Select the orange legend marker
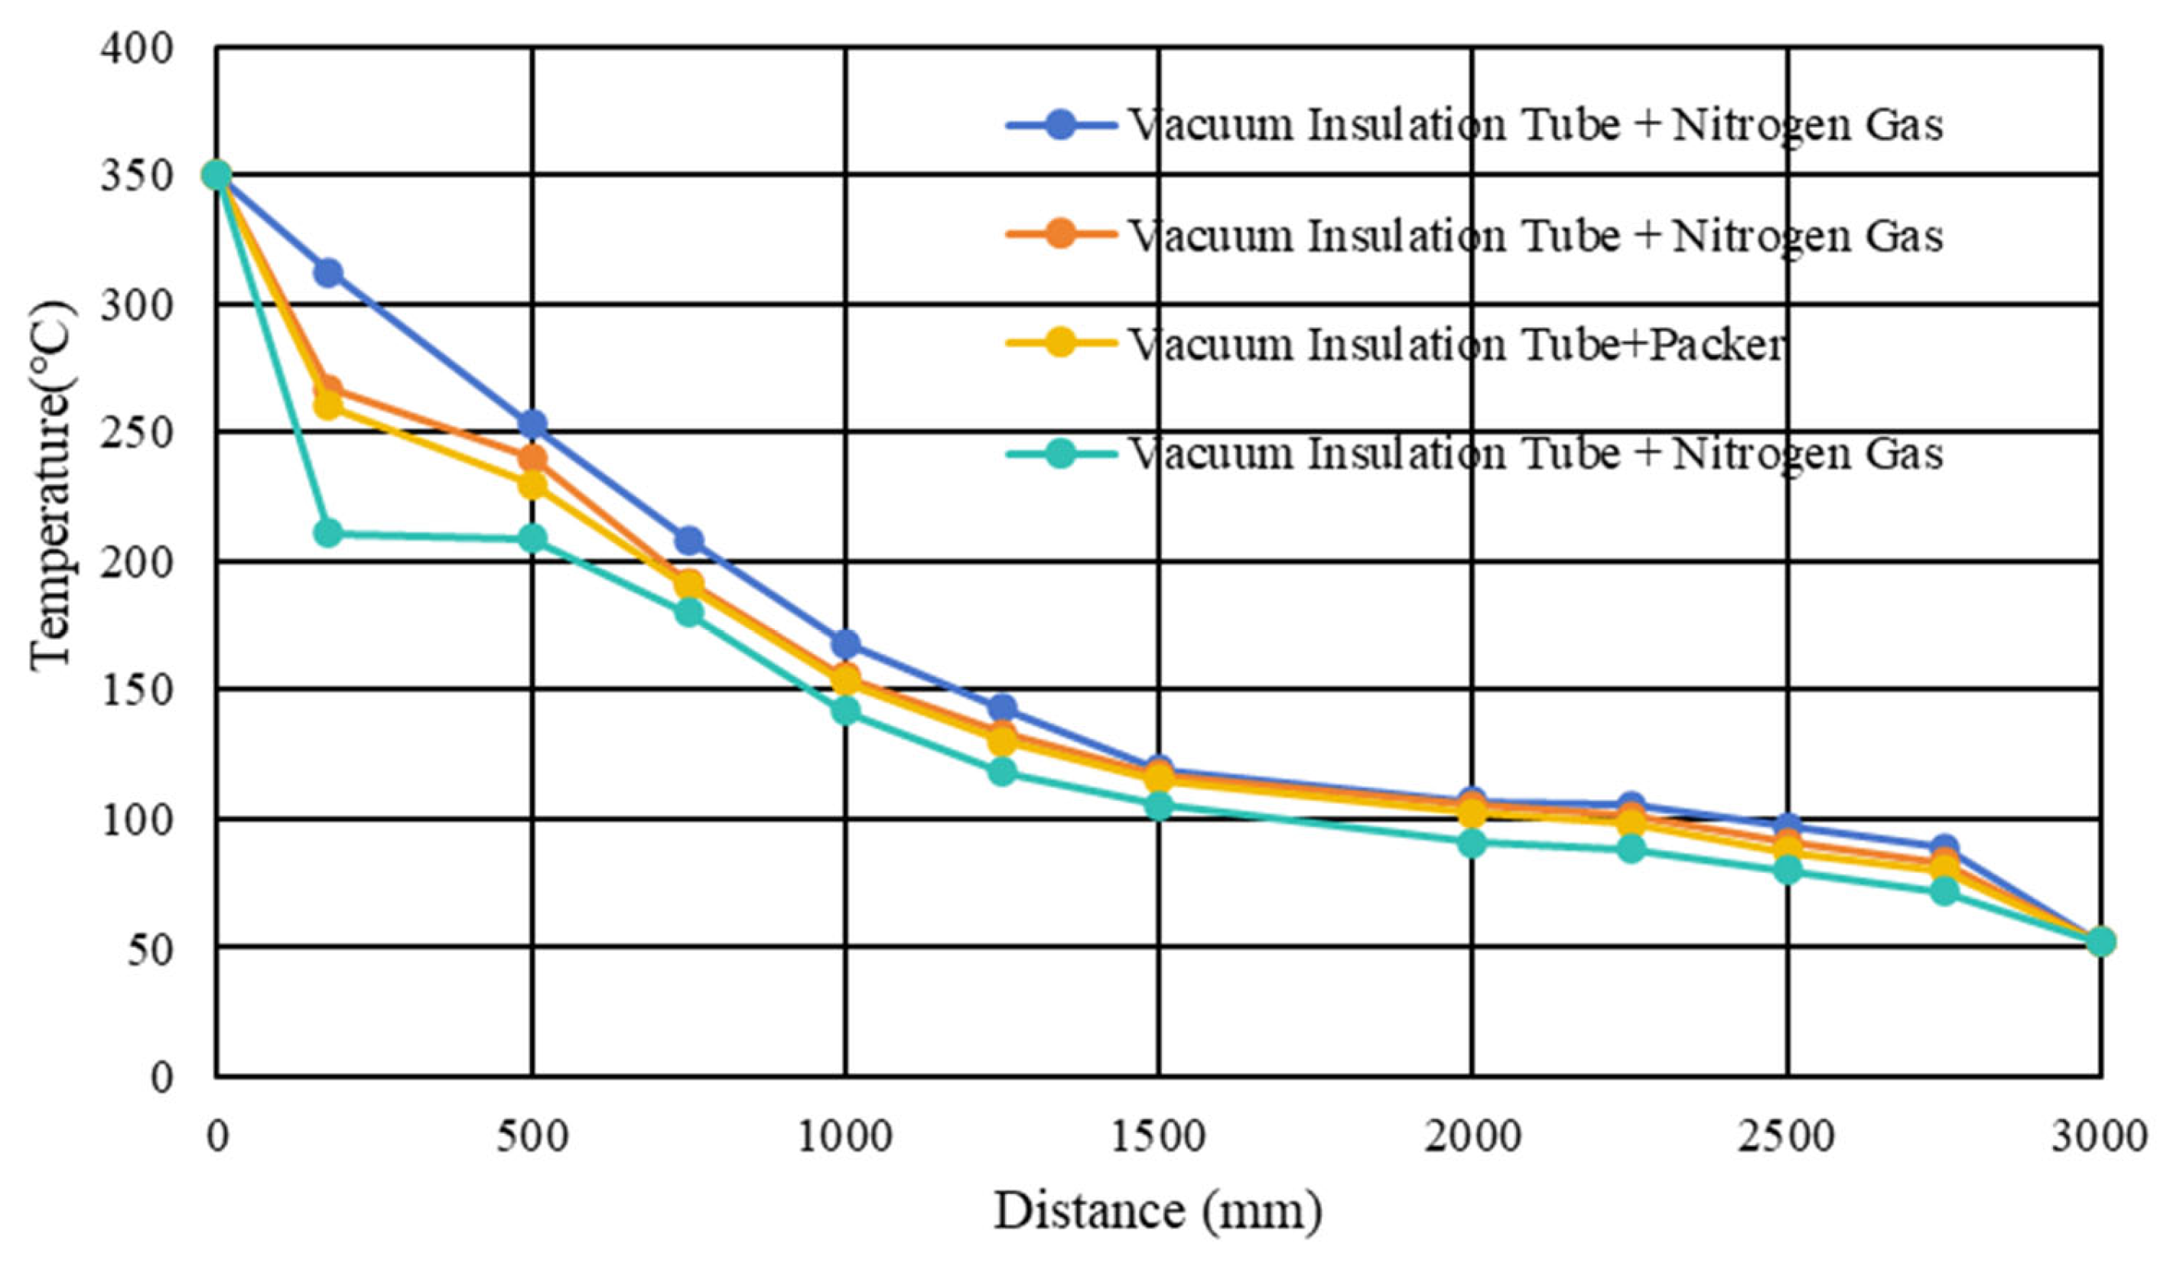coord(1062,235)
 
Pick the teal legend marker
coord(1062,453)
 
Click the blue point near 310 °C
coord(327,273)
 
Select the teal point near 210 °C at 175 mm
coord(327,533)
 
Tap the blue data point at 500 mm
coord(532,424)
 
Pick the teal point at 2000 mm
coord(1472,844)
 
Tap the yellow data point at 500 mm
coord(532,485)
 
